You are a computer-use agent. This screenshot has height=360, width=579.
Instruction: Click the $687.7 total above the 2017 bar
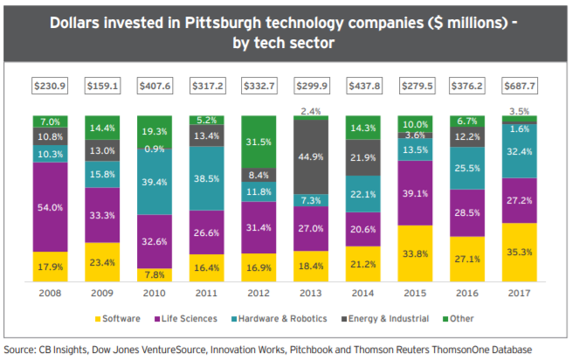(x=520, y=86)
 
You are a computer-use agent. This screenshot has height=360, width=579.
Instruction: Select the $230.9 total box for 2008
(x=50, y=86)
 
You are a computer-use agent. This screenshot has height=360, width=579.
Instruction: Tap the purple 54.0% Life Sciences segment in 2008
(x=50, y=207)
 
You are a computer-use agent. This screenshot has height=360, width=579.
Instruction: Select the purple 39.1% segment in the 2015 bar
(x=416, y=194)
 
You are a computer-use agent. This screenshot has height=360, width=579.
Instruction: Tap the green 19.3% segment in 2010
(x=155, y=130)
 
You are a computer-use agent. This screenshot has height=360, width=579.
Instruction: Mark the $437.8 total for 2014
(x=363, y=86)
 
